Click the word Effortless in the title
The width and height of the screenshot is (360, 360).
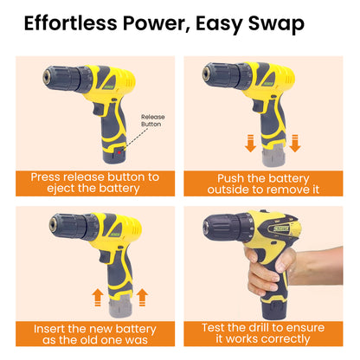point(71,23)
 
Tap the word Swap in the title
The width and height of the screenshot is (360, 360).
point(276,24)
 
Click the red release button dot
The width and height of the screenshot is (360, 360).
point(119,152)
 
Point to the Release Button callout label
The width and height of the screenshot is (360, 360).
point(153,120)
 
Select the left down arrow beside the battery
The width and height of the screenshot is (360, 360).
point(250,143)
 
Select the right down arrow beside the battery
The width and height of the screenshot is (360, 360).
point(295,143)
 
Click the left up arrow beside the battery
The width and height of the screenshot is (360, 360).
point(98,298)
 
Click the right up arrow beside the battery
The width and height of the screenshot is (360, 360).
point(142,298)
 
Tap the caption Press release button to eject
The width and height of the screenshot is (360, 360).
point(95,183)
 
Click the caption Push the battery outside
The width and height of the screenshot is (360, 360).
point(263,183)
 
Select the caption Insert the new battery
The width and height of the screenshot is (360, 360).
point(95,334)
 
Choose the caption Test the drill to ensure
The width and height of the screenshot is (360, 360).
point(263,333)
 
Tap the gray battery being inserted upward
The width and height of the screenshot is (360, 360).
point(120,306)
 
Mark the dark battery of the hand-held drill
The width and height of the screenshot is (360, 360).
point(273,311)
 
